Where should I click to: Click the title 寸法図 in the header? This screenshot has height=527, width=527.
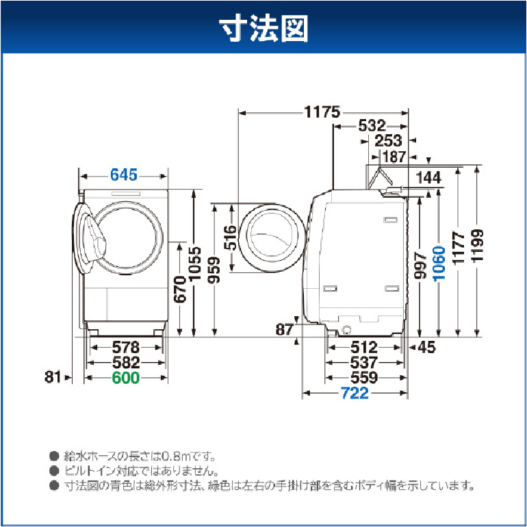tap(263, 29)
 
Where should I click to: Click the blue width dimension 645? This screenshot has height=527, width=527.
tap(125, 175)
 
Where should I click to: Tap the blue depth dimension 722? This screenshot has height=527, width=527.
tap(355, 393)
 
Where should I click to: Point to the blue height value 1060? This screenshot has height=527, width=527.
tap(439, 264)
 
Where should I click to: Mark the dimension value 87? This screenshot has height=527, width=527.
tap(284, 329)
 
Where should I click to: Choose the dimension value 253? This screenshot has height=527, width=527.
tap(389, 141)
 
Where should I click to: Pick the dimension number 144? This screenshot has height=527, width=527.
tap(428, 178)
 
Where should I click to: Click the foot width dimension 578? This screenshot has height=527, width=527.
tap(125, 347)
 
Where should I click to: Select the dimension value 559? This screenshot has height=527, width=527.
tap(363, 378)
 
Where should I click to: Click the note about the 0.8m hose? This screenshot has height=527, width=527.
tap(141, 455)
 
